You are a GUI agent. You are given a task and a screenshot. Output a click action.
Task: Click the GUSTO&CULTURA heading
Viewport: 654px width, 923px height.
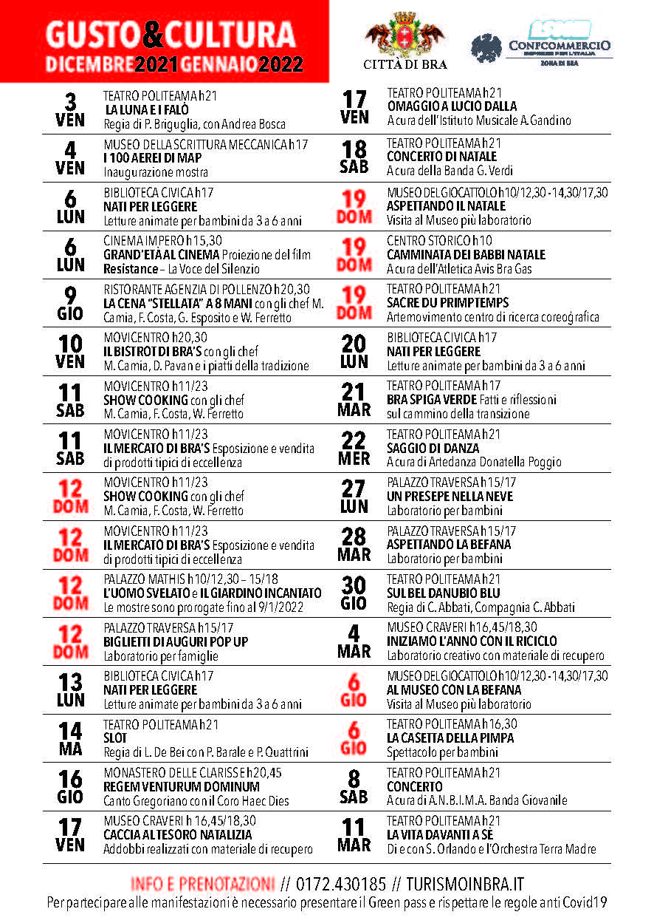pyautogui.click(x=170, y=34)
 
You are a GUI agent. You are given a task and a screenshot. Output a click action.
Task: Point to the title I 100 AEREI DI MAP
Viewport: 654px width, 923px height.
pyautogui.click(x=153, y=157)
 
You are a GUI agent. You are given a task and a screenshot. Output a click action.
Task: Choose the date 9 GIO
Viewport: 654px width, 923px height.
pyautogui.click(x=70, y=303)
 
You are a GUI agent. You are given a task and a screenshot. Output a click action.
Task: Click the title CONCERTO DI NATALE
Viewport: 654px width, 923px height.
pyautogui.click(x=442, y=156)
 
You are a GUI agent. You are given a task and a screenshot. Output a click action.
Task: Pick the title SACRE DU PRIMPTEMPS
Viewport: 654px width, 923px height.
pyautogui.click(x=447, y=303)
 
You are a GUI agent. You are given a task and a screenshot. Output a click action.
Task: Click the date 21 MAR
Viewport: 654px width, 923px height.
pyautogui.click(x=354, y=400)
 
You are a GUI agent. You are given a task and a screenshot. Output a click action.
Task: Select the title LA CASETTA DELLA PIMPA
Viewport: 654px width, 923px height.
pyautogui.click(x=450, y=738)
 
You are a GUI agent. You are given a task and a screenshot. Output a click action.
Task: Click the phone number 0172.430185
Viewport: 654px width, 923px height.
pyautogui.click(x=340, y=884)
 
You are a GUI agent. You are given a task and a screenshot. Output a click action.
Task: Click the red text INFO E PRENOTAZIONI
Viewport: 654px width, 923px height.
pyautogui.click(x=202, y=884)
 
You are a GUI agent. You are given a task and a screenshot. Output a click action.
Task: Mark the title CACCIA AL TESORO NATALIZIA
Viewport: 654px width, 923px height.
pyautogui.click(x=178, y=834)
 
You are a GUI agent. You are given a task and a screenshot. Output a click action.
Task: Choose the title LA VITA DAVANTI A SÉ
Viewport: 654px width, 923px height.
pyautogui.click(x=441, y=834)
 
